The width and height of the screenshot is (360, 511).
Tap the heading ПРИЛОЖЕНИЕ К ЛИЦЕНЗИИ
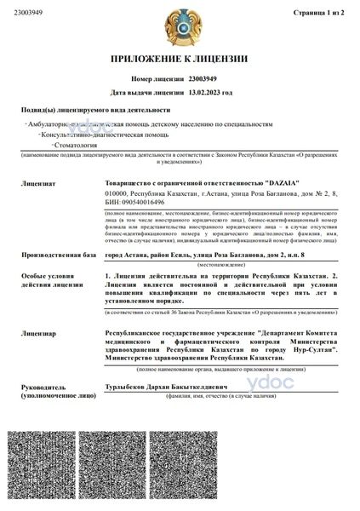point(180,59)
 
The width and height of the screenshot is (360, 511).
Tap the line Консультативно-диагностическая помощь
point(93,135)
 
